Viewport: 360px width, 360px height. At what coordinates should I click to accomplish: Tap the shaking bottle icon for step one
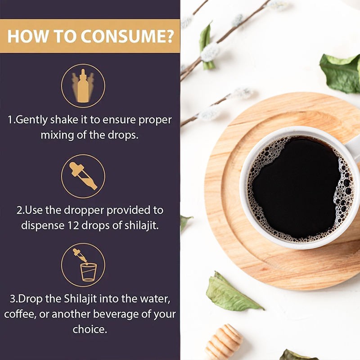coord(83,85)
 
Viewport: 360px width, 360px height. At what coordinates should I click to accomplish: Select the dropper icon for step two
coord(83,176)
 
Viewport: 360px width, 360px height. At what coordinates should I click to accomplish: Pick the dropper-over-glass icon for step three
coord(83,265)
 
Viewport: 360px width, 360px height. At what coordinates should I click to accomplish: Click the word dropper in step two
coord(80,211)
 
